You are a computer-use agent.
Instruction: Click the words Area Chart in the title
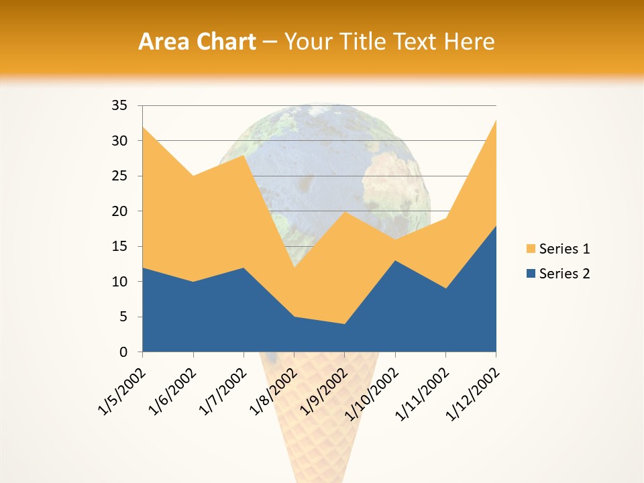tap(197, 42)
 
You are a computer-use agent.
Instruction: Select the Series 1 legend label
tap(564, 249)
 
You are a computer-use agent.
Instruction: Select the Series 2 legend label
tap(564, 273)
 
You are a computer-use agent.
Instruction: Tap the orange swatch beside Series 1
tap(531, 249)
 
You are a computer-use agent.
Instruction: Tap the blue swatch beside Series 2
tap(531, 273)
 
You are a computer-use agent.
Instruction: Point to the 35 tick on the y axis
tap(119, 105)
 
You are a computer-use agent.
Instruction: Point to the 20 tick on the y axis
tap(119, 211)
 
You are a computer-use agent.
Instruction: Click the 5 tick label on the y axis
tap(123, 317)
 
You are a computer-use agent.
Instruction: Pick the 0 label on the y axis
tap(123, 352)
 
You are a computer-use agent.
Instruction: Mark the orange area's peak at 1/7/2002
tap(244, 155)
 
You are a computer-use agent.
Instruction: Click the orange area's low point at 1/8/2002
tap(294, 268)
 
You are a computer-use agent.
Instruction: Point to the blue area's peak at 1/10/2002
tap(395, 260)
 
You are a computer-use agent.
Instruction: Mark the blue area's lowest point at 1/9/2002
tap(345, 324)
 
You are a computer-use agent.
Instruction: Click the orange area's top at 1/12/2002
tap(495, 120)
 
